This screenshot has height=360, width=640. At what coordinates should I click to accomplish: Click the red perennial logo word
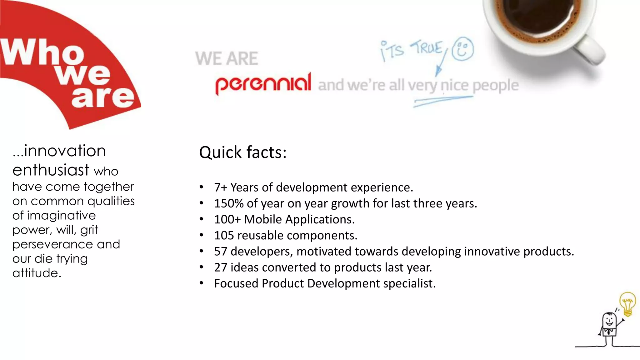263,83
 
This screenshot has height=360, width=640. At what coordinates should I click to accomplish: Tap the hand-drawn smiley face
463,49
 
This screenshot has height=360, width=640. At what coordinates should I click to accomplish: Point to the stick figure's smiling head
609,320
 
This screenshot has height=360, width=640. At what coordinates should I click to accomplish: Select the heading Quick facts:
243,152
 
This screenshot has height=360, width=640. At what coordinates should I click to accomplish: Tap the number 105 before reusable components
224,235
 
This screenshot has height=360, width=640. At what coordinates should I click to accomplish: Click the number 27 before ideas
220,267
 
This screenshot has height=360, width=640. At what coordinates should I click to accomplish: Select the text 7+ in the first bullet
220,187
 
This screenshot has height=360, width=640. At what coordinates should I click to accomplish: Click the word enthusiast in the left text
51,170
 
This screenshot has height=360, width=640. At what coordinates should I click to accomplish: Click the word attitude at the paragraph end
37,273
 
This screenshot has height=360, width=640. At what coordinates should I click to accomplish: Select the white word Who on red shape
42,52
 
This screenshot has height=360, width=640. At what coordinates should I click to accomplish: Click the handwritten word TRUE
427,48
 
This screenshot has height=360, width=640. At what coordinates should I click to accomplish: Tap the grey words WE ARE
227,58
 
